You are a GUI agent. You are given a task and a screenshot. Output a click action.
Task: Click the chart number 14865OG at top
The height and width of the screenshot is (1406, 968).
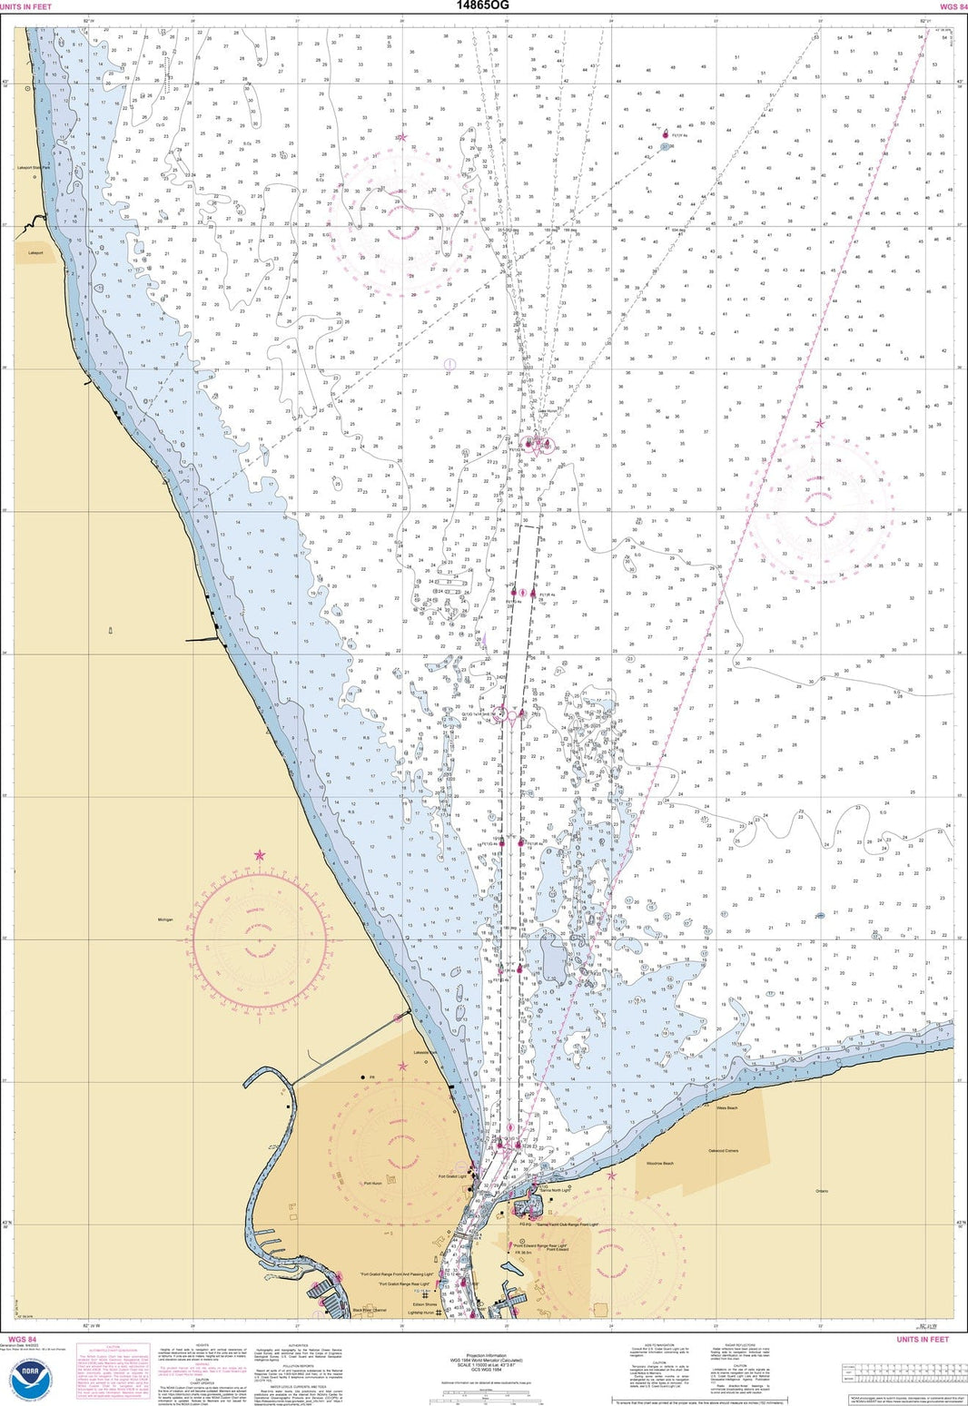coord(483,5)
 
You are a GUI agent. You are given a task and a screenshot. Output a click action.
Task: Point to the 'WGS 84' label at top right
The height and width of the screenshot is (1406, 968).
coord(947,6)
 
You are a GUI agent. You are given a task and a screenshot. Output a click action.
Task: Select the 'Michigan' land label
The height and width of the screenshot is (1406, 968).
coord(164,920)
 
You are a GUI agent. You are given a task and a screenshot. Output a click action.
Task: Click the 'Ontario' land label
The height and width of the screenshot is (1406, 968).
coord(823,1191)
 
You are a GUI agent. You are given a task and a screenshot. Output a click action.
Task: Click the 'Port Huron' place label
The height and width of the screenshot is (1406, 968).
coord(373,1184)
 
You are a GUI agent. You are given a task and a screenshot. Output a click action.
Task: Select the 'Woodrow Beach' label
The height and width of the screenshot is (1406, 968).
coord(659,1164)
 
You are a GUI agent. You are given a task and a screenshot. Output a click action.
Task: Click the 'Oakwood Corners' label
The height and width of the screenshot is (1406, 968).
coord(723,1151)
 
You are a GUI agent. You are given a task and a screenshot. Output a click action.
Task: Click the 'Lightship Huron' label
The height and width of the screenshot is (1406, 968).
coord(422,1313)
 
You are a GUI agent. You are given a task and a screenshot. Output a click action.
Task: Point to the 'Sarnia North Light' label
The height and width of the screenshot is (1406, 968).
coord(555,1190)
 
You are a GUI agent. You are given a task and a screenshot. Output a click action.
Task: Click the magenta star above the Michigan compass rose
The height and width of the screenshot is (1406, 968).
coord(260,855)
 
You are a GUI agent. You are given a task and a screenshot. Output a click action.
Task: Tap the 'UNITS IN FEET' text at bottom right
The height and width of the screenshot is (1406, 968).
coord(922,1340)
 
